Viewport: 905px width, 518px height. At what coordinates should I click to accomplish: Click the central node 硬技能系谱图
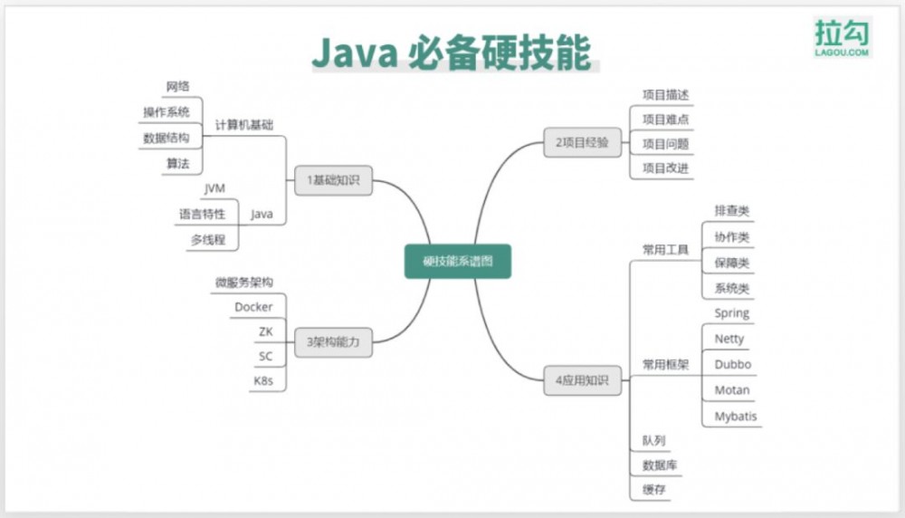[457, 262]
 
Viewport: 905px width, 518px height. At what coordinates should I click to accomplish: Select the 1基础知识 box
[333, 180]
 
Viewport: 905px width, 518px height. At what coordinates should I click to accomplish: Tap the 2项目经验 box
[582, 142]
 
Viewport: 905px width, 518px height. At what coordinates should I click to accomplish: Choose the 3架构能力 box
[333, 341]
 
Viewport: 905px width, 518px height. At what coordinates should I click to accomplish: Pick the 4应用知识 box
[582, 381]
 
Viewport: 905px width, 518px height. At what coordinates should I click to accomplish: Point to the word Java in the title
[354, 53]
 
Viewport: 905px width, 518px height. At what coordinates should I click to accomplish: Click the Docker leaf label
[253, 307]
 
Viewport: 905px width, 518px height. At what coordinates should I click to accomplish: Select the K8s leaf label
[262, 380]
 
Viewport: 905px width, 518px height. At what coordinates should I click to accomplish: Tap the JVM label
[214, 188]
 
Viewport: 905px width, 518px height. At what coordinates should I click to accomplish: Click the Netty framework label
[729, 339]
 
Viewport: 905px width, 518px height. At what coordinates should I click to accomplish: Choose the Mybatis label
[736, 417]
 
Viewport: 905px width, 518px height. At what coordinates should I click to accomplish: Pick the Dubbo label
[732, 364]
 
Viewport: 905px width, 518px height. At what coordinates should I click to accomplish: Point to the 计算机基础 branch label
[244, 125]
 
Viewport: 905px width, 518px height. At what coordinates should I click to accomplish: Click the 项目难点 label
[666, 119]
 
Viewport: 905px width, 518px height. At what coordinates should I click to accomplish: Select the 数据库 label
[661, 465]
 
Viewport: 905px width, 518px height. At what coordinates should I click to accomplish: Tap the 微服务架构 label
[244, 283]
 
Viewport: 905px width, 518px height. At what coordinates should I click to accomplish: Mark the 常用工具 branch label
[665, 249]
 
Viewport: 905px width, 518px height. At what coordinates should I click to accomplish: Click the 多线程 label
[207, 240]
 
